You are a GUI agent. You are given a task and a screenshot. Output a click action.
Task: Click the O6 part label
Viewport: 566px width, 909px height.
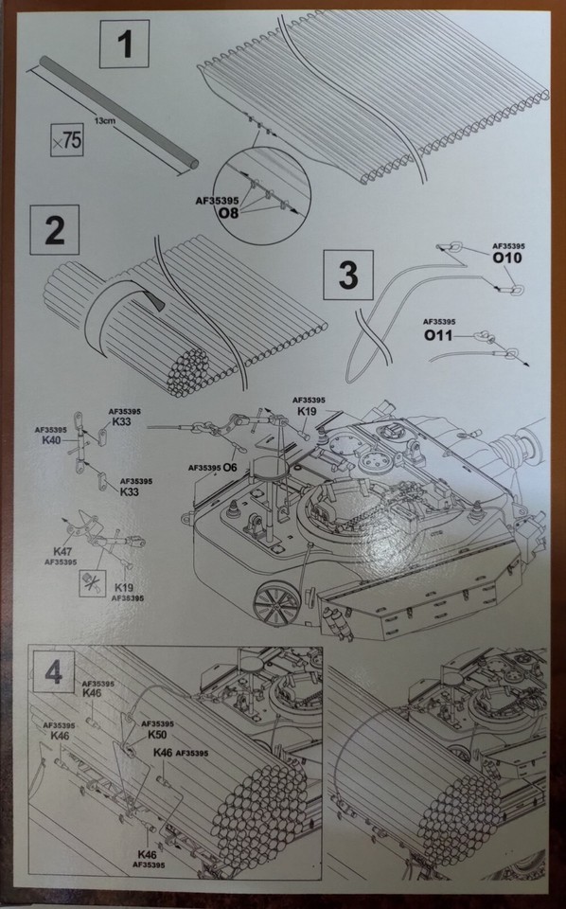[x=231, y=468]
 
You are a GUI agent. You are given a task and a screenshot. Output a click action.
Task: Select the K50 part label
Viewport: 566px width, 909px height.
[x=157, y=734]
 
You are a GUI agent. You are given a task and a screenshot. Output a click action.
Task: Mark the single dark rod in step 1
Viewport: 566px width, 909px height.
[x=117, y=113]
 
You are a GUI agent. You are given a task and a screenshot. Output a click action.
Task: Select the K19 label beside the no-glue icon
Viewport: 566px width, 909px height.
[x=124, y=588]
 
